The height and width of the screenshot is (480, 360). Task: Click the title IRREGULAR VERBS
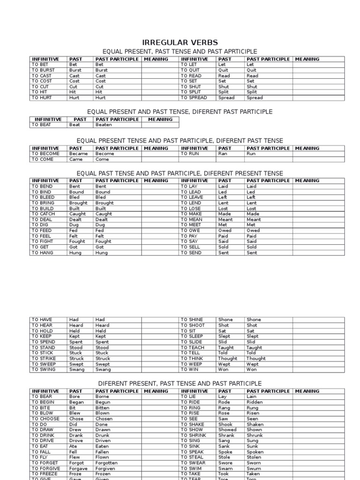click(180, 43)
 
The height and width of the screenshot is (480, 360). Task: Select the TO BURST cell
click(43, 70)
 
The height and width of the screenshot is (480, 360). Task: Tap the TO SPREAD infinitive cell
click(194, 98)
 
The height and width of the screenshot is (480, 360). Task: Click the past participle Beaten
click(103, 125)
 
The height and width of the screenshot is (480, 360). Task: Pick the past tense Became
click(78, 154)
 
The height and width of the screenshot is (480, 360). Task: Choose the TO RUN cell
click(190, 154)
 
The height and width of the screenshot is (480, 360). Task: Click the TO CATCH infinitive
click(44, 214)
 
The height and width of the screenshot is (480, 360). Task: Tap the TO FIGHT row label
click(43, 242)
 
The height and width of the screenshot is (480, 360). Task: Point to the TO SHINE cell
click(192, 320)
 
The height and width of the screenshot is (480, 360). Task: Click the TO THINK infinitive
click(192, 359)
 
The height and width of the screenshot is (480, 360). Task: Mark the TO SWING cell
click(44, 370)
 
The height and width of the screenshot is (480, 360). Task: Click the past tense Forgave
click(79, 469)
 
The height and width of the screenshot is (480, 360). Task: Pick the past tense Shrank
click(227, 435)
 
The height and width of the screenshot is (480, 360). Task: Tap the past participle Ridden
click(255, 402)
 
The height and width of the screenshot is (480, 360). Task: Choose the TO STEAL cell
click(192, 457)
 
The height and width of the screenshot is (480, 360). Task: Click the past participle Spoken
click(255, 452)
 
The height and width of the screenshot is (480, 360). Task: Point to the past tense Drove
click(76, 441)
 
